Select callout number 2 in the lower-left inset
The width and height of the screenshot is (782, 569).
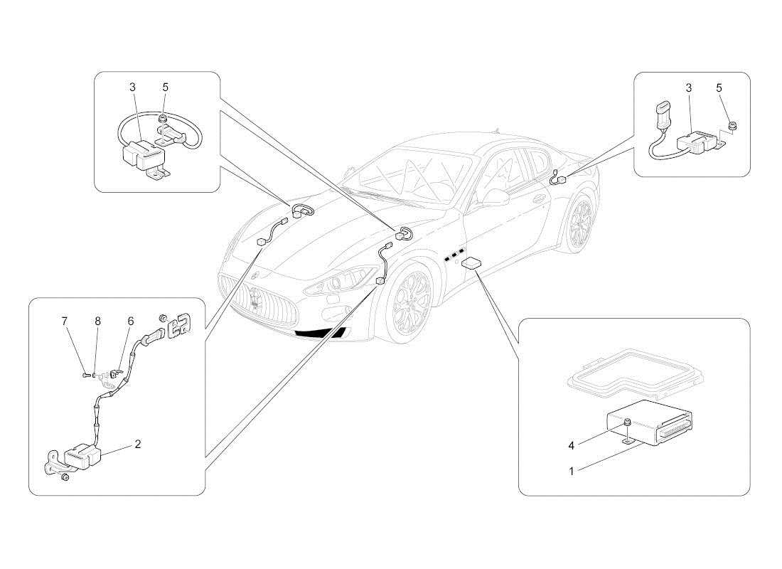pos(138,445)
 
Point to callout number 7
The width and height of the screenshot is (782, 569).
pos(65,321)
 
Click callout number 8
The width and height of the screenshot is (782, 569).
pos(98,321)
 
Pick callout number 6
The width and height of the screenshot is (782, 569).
pos(131,321)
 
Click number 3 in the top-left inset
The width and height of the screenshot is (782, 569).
pos(132,87)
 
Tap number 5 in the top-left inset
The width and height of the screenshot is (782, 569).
pos(166,87)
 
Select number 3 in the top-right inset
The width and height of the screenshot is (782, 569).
pos(688,87)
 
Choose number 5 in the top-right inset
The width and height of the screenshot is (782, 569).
pos(719,87)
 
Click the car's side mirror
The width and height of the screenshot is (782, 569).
pos(495,198)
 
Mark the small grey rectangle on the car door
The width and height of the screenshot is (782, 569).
pos(471,263)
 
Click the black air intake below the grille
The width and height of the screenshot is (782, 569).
pos(320,332)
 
